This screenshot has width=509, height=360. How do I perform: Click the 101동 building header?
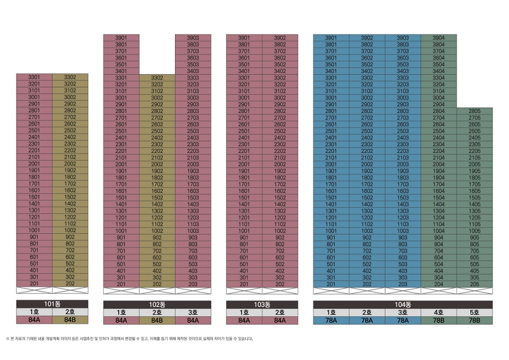(x=52, y=304)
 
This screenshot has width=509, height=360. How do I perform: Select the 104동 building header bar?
(x=403, y=304)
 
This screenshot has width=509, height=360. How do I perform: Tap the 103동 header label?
(x=262, y=304)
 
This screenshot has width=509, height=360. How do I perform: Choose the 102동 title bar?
(x=157, y=304)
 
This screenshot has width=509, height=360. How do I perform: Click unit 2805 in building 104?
(x=475, y=111)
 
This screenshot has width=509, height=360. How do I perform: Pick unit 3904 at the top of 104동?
(x=438, y=38)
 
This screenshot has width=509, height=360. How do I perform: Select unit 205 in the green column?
(x=475, y=284)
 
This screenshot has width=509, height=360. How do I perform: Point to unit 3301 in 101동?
(x=34, y=77)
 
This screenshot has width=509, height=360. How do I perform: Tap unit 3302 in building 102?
(x=157, y=78)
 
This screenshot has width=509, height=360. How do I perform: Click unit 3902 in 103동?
(x=280, y=38)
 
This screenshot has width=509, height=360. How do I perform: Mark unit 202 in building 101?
(x=70, y=284)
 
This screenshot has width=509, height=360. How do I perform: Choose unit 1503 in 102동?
(x=193, y=197)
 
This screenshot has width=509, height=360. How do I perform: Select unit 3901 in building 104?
(x=331, y=38)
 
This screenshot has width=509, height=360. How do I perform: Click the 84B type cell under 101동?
(x=70, y=320)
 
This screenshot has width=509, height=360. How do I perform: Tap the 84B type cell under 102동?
(x=157, y=320)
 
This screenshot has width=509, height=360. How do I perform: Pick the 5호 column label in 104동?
(x=475, y=312)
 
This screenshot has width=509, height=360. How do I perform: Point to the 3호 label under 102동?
(x=193, y=312)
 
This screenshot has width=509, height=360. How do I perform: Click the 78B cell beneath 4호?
(x=438, y=320)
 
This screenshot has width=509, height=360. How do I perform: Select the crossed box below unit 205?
(x=475, y=291)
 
